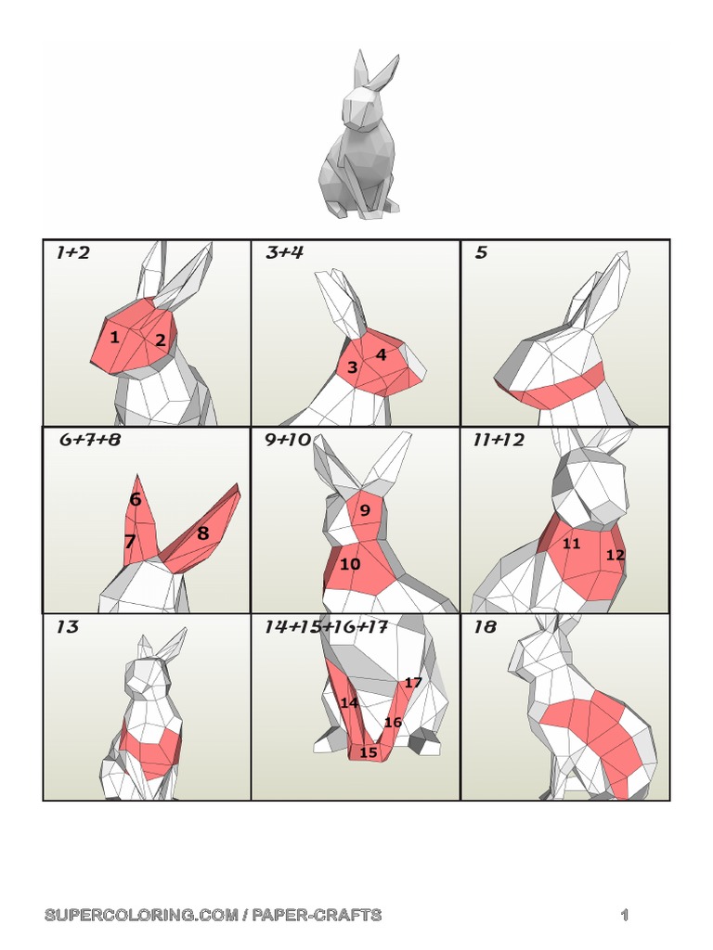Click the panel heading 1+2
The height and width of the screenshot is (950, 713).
click(x=72, y=252)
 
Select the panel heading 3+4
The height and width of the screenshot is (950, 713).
click(x=284, y=252)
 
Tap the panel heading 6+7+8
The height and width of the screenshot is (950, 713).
click(x=90, y=440)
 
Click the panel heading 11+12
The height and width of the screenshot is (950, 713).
click(x=499, y=440)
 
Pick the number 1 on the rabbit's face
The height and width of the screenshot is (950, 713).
click(x=114, y=337)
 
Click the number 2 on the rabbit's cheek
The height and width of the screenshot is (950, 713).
click(x=161, y=340)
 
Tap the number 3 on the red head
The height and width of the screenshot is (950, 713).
click(x=352, y=367)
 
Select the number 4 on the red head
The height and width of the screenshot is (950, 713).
click(x=381, y=354)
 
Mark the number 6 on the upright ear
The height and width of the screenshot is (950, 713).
click(x=136, y=499)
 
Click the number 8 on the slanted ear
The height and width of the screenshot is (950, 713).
click(x=202, y=533)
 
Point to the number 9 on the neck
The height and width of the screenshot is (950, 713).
click(x=365, y=509)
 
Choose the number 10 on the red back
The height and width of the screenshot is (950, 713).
click(x=350, y=563)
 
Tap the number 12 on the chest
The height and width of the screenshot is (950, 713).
click(x=615, y=555)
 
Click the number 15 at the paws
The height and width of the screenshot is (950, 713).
click(x=369, y=751)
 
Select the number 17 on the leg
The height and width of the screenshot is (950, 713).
click(x=413, y=683)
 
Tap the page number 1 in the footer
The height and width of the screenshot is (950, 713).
click(x=625, y=916)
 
